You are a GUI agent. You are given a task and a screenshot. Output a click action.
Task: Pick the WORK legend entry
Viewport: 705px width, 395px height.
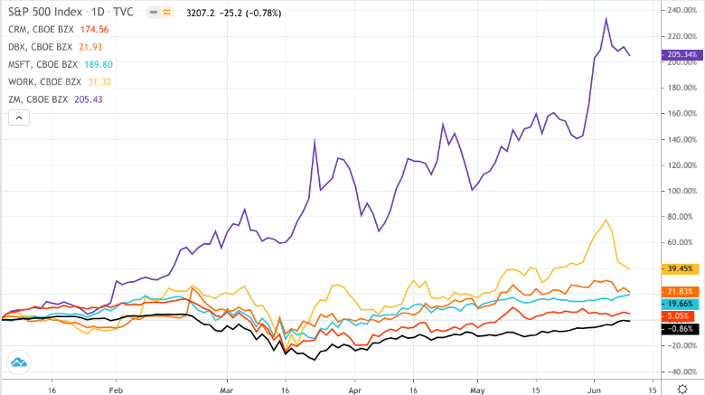[60, 81]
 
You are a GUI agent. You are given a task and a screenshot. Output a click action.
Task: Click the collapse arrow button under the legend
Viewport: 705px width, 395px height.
[20, 118]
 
